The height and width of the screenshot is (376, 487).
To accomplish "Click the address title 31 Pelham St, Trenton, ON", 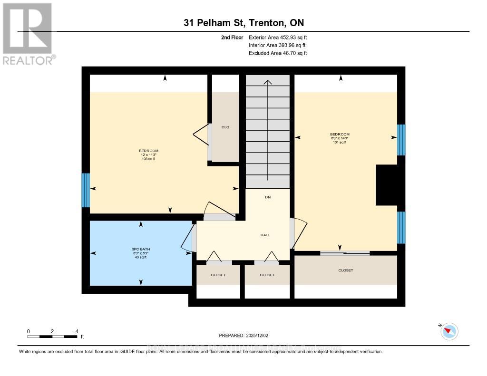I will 243,22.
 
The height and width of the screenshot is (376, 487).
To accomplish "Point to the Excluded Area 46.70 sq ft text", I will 278,53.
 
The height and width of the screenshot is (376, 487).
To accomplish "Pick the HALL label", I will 265,235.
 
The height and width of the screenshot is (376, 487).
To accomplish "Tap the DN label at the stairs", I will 267,197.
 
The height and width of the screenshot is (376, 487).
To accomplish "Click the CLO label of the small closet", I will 225,127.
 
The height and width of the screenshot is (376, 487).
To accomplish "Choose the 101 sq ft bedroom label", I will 340,142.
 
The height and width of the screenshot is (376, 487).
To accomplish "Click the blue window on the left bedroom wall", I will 86,190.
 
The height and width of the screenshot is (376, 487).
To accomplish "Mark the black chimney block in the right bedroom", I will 387,185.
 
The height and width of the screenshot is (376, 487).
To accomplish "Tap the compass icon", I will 449,331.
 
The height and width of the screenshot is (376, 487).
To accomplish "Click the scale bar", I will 52,337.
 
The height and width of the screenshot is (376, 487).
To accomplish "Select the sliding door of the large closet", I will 344,253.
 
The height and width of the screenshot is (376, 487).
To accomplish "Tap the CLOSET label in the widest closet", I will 345,270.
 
